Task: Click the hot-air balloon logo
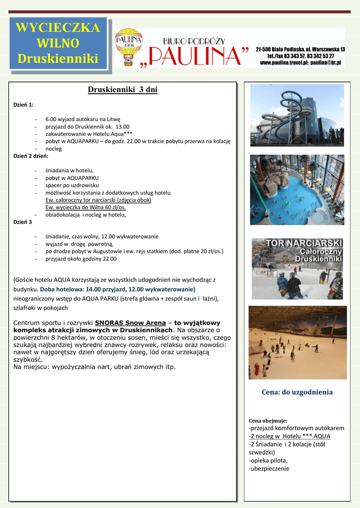[129, 47]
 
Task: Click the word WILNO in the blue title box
[58, 43]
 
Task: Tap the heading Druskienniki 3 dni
[123, 90]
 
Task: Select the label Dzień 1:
[23, 105]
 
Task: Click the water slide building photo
[296, 115]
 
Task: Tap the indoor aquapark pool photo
[296, 190]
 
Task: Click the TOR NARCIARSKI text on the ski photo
[305, 243]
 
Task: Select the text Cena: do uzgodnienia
[297, 392]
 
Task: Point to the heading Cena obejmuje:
[268, 421]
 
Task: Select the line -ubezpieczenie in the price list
[269, 468]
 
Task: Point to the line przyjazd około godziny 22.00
[81, 258]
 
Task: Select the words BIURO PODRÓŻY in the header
[195, 41]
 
